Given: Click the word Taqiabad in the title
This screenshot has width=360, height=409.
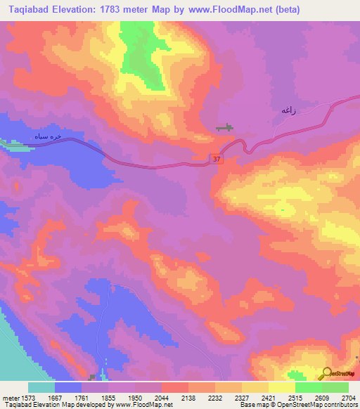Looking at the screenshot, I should click(x=30, y=10).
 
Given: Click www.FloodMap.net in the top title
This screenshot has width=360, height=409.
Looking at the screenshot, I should click(x=219, y=10).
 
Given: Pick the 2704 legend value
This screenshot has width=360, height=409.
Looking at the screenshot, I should click(x=347, y=397).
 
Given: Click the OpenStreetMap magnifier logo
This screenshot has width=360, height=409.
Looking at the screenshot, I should click(x=326, y=373).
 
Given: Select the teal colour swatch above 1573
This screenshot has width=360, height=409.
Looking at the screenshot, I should click(x=41, y=387).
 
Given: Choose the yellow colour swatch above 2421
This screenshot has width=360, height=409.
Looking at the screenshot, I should click(x=254, y=387).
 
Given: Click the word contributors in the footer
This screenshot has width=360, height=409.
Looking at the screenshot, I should click(x=339, y=405).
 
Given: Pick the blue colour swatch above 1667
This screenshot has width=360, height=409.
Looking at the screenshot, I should click(x=67, y=387).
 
